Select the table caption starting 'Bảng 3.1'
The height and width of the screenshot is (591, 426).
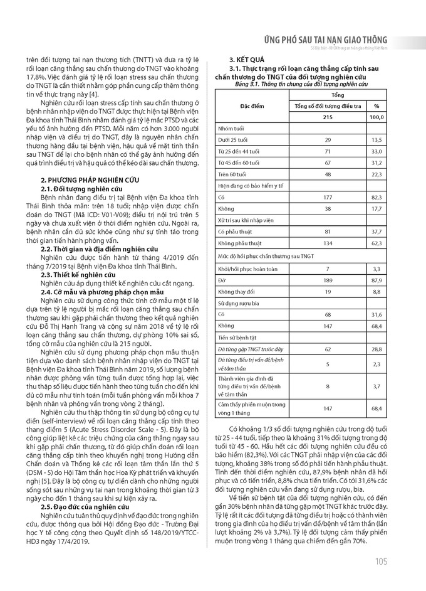[x=301, y=83]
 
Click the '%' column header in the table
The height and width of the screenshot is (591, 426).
[x=377, y=107]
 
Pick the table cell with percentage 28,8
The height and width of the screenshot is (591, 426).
[x=377, y=347]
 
